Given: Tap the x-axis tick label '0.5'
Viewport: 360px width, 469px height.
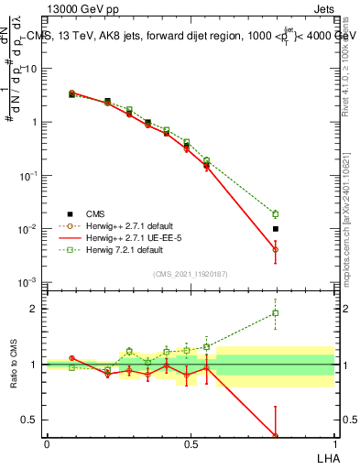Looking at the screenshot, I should click(x=190, y=444).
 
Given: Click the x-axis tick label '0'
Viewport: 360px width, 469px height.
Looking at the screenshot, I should click(x=47, y=444).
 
